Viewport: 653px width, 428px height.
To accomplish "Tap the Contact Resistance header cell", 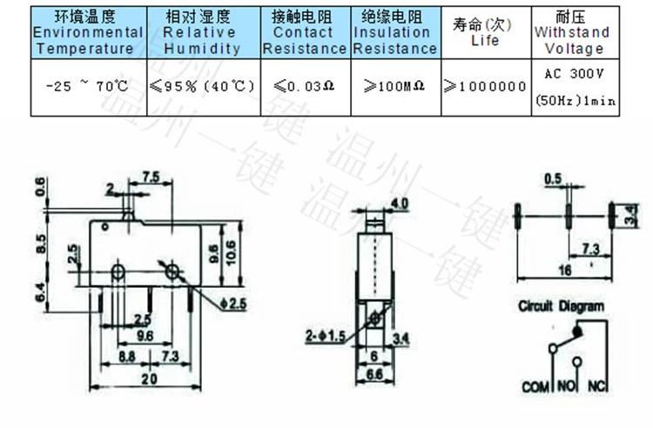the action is click(x=304, y=33).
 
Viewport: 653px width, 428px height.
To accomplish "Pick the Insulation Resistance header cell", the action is click(x=395, y=33).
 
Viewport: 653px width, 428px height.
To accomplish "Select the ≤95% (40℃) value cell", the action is click(x=201, y=86).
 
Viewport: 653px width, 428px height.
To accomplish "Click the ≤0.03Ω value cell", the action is click(x=303, y=86).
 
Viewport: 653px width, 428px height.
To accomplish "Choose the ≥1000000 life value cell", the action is click(x=485, y=86).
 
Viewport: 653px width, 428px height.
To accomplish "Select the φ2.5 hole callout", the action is click(x=235, y=303).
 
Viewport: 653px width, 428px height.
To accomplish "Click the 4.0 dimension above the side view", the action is click(x=400, y=205).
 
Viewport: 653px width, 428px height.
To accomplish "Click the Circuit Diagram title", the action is click(x=561, y=306).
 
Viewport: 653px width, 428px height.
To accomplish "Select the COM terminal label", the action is click(x=535, y=385).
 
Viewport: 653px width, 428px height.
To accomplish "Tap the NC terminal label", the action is click(x=597, y=385).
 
